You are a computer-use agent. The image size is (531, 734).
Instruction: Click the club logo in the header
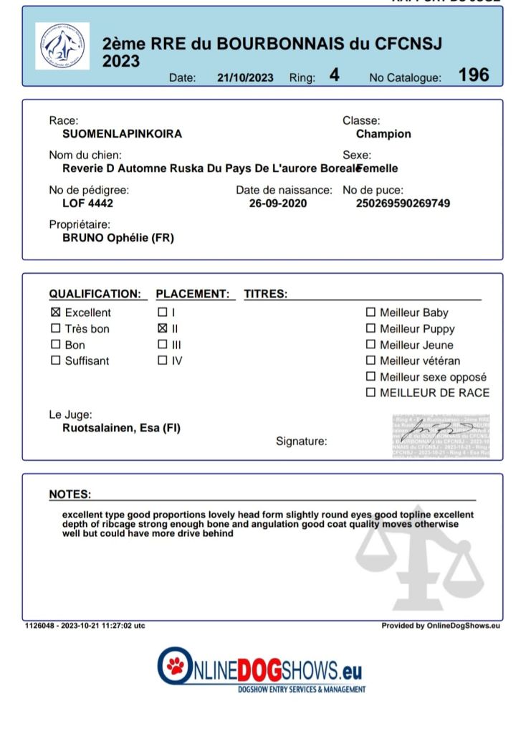tap(62, 46)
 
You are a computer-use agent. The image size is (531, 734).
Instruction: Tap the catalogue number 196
tap(474, 75)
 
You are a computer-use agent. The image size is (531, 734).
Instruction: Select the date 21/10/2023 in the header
tap(245, 78)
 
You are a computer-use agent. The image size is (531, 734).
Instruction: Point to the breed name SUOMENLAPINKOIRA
tap(122, 134)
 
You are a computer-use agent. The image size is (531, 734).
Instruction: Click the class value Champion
tap(383, 134)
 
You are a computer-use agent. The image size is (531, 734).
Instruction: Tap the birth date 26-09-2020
tap(277, 204)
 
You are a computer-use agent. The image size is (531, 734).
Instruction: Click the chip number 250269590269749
tap(403, 204)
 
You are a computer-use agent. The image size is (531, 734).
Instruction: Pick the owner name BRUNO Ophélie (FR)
tap(118, 238)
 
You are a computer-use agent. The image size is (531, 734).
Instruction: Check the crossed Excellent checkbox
tap(56, 313)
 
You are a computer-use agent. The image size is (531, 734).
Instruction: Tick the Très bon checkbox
tap(56, 329)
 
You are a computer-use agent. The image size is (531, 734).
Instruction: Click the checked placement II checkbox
tap(162, 329)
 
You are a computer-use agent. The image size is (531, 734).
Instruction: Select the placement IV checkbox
tap(162, 361)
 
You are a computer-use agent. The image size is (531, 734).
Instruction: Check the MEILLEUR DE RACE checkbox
tap(370, 393)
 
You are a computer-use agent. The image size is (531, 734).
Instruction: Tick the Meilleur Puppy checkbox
tap(370, 329)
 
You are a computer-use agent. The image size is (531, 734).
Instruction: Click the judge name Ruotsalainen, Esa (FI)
tap(121, 429)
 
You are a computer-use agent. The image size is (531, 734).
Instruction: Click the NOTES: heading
tap(70, 495)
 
